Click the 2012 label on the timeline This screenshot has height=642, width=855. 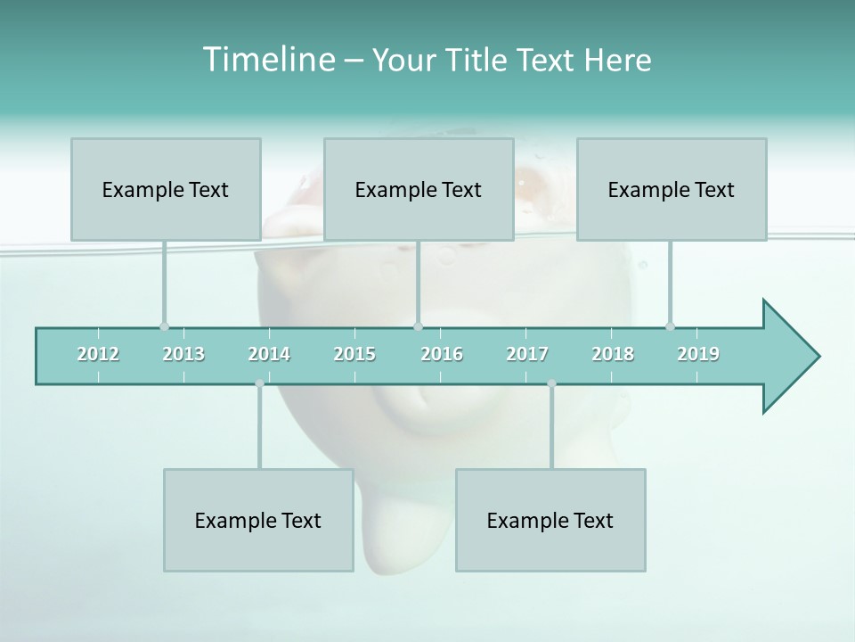pos(98,354)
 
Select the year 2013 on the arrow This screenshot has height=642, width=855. pos(183,354)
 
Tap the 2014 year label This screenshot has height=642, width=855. pos(269,354)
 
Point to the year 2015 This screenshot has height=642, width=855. pos(354,354)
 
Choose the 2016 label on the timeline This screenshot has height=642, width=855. pos(442,354)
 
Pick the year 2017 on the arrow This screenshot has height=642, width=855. pos(527,354)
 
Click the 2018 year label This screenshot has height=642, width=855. pos(613,354)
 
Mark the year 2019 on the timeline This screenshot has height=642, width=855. pos(698,354)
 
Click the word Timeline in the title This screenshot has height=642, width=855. pos(266,60)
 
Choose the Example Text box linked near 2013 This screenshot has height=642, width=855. pos(166,189)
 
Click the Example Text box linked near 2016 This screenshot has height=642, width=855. pos(419,189)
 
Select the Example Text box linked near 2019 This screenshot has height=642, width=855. pos(672,189)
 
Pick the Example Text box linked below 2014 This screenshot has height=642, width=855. pos(258,520)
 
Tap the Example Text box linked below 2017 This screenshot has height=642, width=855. pos(550,520)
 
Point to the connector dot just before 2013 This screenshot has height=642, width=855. pos(164,326)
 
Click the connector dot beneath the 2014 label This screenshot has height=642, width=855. pos(259,383)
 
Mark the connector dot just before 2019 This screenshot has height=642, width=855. pos(670,326)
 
